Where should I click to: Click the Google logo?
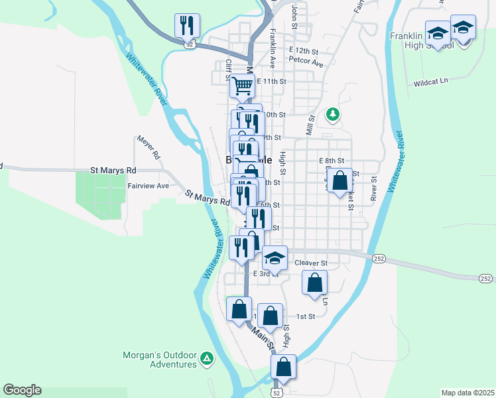[x=22, y=390]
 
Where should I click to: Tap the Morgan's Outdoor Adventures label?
[x=160, y=359]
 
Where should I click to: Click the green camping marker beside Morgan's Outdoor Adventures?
[x=207, y=359]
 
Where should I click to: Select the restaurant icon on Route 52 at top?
[x=187, y=27]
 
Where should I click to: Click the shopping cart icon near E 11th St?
[x=243, y=85]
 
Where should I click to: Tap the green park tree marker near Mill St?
[x=333, y=115]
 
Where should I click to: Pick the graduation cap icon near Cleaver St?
[x=275, y=257]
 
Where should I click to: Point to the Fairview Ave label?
[x=149, y=186]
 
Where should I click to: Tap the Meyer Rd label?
[x=149, y=147]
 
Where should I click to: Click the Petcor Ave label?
[x=306, y=64]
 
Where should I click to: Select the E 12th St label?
[x=303, y=50]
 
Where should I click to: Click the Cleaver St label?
[x=311, y=263]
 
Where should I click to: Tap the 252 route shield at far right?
[x=485, y=279]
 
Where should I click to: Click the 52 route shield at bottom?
[x=277, y=393]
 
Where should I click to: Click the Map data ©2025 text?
[x=468, y=393]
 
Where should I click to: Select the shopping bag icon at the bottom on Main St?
[x=284, y=367]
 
